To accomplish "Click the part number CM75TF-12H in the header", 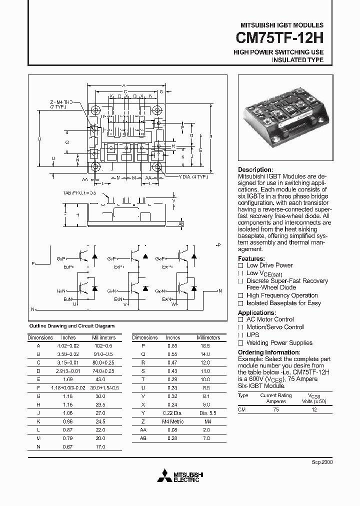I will point(279,38).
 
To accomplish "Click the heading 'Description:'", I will point(255,170).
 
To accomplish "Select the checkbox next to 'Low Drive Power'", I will point(240,265).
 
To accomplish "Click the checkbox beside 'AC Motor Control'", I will point(240,319).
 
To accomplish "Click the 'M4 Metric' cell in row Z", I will point(173,421).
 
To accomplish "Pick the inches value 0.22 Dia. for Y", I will point(173,413).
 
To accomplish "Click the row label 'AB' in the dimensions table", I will point(143,438).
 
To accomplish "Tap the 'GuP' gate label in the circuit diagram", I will point(60,259).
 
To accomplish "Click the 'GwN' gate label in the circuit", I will point(160,290).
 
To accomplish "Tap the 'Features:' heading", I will point(251,257).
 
